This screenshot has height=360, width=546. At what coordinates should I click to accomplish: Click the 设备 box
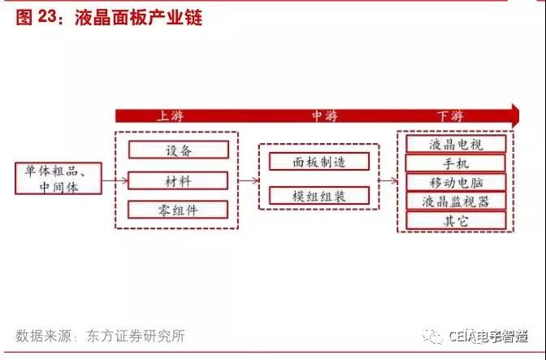[x=179, y=150]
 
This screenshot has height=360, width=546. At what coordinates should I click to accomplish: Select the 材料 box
[x=178, y=180]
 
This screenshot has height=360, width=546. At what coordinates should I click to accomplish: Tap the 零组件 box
[x=178, y=210]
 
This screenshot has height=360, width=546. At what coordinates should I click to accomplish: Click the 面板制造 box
[x=319, y=162]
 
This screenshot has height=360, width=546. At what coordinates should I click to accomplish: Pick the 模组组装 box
[x=319, y=196]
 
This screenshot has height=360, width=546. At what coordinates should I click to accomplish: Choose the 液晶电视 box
[x=456, y=144]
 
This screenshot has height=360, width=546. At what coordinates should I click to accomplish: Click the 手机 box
[x=456, y=163]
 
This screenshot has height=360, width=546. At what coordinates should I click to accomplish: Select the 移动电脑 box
[x=456, y=182]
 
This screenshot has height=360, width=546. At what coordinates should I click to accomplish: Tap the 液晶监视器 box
[x=456, y=202]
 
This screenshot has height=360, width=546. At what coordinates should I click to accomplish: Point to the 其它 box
[x=456, y=220]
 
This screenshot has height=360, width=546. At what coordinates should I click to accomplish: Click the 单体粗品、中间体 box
[x=58, y=178]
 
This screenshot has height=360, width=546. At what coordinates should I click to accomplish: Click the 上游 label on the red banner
[x=171, y=116]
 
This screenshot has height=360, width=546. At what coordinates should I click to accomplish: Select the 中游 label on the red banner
[x=324, y=116]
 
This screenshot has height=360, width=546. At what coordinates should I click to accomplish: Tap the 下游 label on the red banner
[x=450, y=116]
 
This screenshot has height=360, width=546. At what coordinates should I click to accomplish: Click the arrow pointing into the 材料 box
[x=115, y=180]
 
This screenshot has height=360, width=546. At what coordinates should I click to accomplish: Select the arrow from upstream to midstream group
[x=249, y=180]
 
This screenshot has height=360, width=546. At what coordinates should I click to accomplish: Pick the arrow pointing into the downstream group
[x=388, y=180]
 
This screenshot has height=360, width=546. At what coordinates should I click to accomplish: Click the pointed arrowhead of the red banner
[x=519, y=115]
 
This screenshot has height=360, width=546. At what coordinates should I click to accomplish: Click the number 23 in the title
[x=47, y=16]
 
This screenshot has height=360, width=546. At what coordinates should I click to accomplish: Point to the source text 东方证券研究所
[x=136, y=336]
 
